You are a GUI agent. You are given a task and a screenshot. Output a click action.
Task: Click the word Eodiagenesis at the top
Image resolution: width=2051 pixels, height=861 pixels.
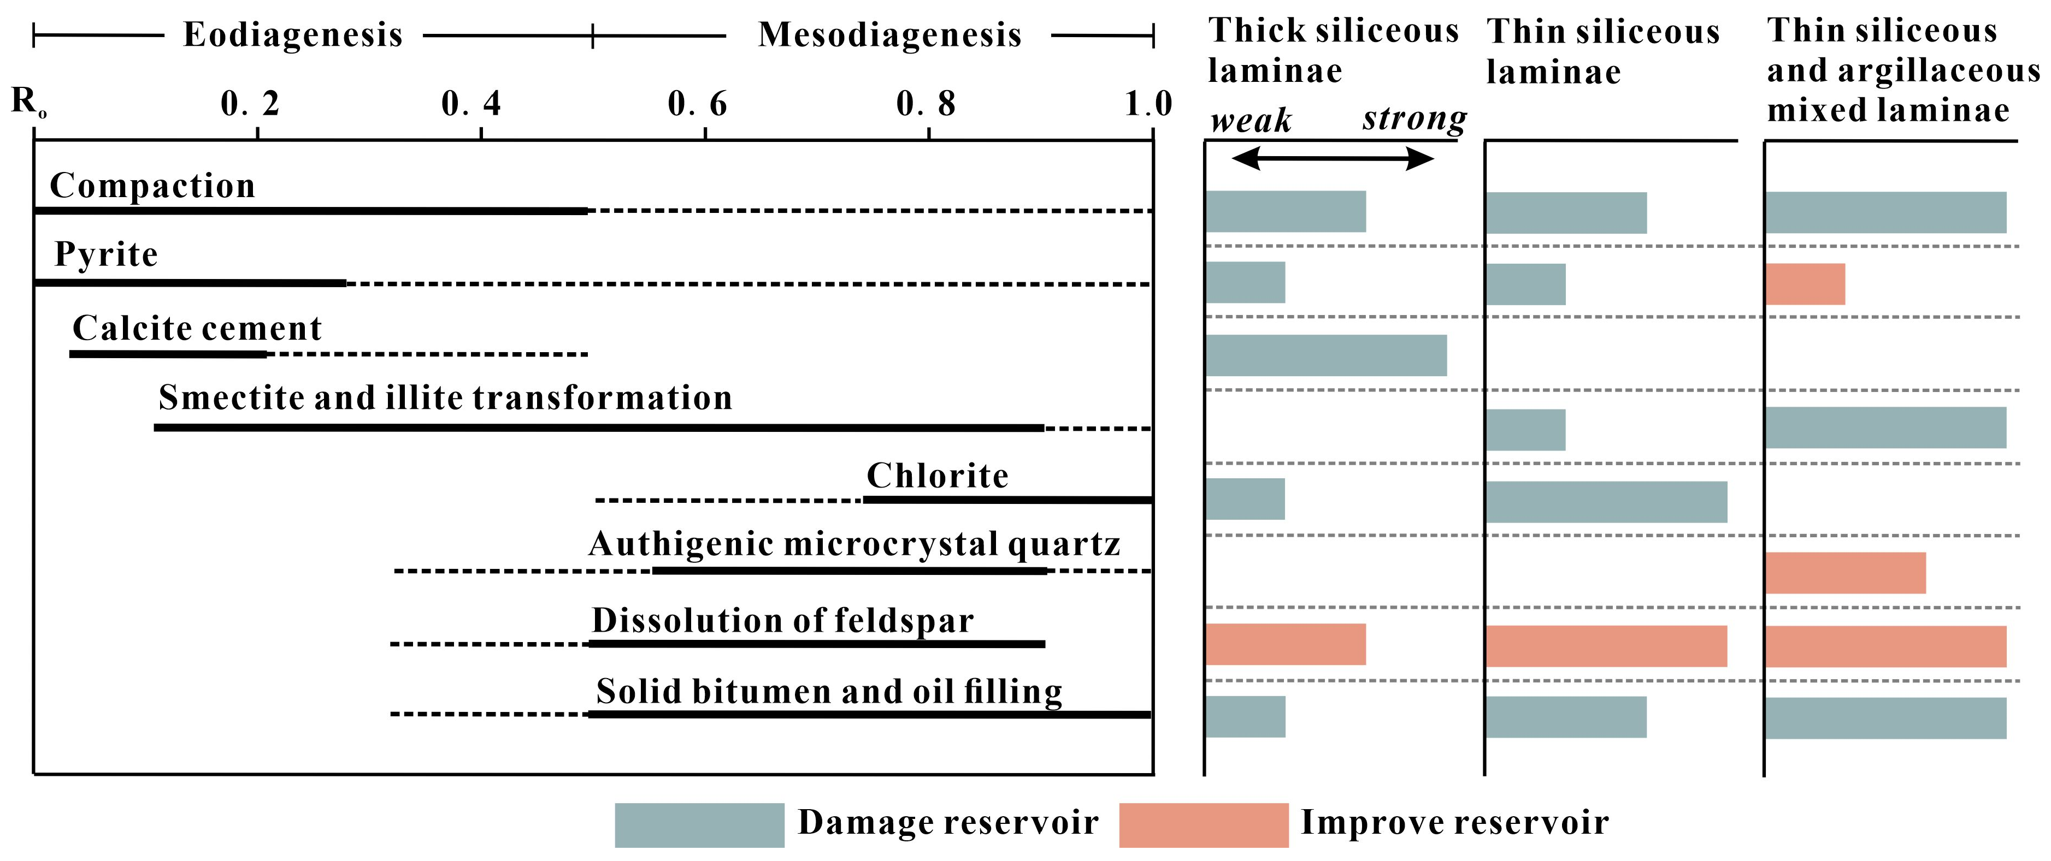click(x=293, y=35)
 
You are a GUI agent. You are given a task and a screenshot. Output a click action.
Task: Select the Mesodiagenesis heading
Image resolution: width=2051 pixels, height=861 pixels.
click(x=889, y=35)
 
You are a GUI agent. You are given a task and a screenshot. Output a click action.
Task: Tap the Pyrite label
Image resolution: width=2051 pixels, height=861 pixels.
click(x=106, y=254)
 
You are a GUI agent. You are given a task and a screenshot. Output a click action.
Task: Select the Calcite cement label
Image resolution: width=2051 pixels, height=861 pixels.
click(x=197, y=328)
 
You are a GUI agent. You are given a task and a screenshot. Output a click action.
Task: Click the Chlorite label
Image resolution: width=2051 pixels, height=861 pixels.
click(x=937, y=476)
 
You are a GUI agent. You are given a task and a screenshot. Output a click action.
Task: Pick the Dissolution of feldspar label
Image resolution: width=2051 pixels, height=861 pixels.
click(x=783, y=621)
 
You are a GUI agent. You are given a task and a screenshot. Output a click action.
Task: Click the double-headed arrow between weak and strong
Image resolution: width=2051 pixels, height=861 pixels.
click(x=1332, y=159)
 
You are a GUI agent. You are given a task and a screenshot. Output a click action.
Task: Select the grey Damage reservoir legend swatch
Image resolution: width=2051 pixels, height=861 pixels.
click(x=699, y=825)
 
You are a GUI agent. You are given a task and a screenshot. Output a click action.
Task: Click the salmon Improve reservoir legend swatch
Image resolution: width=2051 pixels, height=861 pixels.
click(x=1203, y=825)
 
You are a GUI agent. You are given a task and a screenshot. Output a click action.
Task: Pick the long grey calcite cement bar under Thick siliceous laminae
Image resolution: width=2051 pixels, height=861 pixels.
click(x=1325, y=355)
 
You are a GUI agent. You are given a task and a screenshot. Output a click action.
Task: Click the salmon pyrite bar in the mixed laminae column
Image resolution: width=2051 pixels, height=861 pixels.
click(x=1805, y=284)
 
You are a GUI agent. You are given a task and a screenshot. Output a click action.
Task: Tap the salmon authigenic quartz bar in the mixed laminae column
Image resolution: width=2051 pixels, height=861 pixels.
click(x=1846, y=573)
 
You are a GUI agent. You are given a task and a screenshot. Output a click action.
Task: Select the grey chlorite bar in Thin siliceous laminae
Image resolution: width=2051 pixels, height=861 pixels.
click(x=1606, y=502)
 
